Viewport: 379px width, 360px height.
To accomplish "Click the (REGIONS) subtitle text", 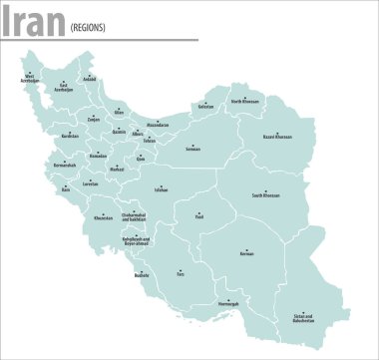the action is click(x=88, y=27).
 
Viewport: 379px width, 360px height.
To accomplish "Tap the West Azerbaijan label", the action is click(x=30, y=77).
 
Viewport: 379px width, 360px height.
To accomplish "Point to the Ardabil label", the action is click(x=90, y=79).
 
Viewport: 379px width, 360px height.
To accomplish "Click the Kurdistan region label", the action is click(x=69, y=136).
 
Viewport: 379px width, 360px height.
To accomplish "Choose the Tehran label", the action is click(x=150, y=141).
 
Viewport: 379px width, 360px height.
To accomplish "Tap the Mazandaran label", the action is click(x=159, y=125).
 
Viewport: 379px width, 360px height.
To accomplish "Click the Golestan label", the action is click(x=206, y=107).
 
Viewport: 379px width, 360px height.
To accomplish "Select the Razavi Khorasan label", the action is click(x=278, y=137).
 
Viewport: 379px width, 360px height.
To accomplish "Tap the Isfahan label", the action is click(x=161, y=188).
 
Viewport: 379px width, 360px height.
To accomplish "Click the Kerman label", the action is click(x=246, y=254).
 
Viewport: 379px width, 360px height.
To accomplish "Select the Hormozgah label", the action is click(x=227, y=304).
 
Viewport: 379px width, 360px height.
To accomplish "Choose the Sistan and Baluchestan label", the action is click(x=304, y=320).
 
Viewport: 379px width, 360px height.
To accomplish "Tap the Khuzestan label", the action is click(x=104, y=217).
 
